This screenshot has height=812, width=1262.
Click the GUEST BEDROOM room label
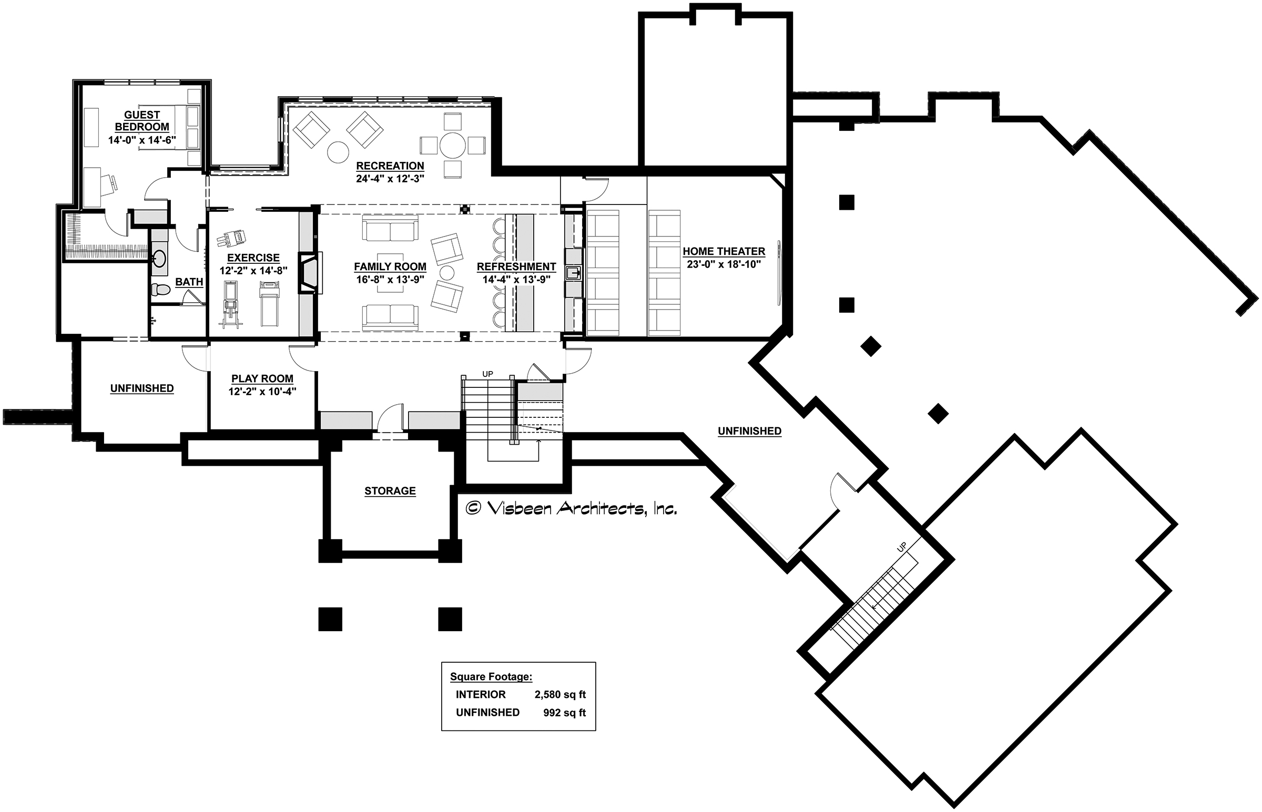[x=142, y=121]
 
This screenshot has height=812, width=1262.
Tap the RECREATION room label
[x=390, y=166]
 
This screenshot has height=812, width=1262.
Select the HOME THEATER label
[x=724, y=252]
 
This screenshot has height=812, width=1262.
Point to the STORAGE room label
[x=390, y=491]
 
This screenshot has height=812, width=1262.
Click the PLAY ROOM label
[x=262, y=378]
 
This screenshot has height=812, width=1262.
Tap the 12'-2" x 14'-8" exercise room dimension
[x=253, y=271]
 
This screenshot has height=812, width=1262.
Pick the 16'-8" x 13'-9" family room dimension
[x=390, y=280]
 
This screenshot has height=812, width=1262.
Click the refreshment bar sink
[x=573, y=273]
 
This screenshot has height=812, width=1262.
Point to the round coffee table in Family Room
[x=447, y=273]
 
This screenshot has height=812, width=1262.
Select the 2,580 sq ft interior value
[x=560, y=695]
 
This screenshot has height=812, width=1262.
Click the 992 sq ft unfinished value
[x=565, y=713]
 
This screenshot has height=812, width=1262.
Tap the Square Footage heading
[x=491, y=677]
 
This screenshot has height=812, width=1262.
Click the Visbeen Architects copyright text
[x=571, y=508]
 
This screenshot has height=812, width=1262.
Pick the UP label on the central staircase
[x=488, y=374]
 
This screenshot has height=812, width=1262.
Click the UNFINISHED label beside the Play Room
[x=142, y=388]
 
